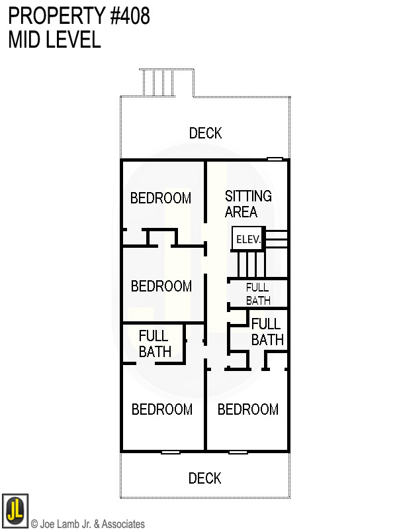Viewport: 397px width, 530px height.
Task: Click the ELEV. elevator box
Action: coord(247,239)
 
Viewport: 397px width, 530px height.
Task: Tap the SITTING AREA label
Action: coord(248,204)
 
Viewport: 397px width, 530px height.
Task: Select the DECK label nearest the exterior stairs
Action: coord(205,133)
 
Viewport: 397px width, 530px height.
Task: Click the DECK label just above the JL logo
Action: coord(204,478)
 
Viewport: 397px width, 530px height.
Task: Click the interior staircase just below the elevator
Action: coord(251,264)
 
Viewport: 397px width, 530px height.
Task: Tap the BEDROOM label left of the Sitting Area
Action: coord(161,198)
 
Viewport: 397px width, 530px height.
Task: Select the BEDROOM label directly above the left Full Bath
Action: coord(161,286)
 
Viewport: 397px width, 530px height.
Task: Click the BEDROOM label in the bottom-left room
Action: coord(162,409)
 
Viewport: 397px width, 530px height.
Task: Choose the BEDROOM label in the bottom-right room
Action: coord(248,409)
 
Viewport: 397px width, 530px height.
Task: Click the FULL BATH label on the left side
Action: coord(155,344)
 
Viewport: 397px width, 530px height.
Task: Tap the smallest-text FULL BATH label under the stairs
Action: coord(257,293)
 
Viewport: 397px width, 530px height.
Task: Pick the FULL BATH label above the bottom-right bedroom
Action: coord(267,332)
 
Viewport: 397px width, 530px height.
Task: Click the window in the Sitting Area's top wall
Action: coord(275,159)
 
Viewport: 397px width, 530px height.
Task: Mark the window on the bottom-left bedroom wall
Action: coord(171,452)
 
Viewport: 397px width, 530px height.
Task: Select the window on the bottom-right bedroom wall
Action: coord(238,452)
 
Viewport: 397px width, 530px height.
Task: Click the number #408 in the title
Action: coord(125,16)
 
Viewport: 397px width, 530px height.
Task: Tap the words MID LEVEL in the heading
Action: coord(54,40)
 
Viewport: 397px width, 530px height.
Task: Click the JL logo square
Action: coord(15,511)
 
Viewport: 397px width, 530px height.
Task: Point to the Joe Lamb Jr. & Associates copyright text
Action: coord(88,524)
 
